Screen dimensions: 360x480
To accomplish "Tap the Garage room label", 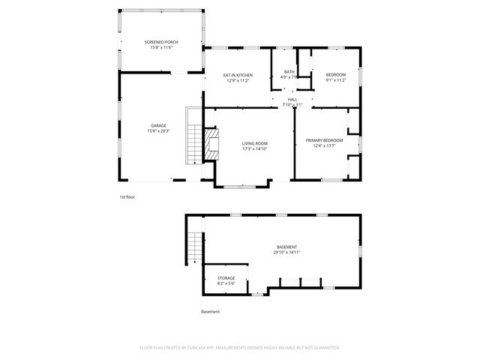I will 158,125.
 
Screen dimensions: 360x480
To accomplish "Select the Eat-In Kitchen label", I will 238,75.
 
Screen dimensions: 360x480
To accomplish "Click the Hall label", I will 292,99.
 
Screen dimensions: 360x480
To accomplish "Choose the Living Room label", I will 254,142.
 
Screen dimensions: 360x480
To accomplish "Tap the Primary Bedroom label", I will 324,140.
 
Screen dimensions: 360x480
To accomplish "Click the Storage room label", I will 226,277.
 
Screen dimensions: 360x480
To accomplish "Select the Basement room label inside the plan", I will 286,247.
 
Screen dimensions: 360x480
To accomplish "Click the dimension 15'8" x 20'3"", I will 158,131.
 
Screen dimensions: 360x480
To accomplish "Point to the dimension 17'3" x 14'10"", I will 254,148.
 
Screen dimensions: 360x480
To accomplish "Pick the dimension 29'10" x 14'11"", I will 286,253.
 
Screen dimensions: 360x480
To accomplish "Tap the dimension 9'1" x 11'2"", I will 335,80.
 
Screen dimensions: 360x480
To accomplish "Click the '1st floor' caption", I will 127,196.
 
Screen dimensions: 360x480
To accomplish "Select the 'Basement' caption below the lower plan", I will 211,312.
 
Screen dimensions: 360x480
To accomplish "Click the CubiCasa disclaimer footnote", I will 240,347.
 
